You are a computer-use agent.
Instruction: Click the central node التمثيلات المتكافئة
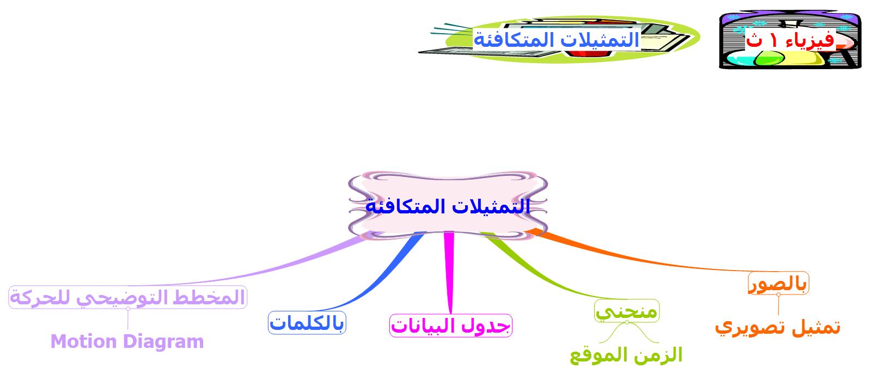(x=448, y=206)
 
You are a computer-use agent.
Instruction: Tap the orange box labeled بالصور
(x=778, y=283)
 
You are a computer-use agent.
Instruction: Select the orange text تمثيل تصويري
(x=778, y=327)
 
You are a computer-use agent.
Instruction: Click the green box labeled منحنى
(x=627, y=311)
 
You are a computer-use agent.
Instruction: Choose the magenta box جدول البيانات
(x=451, y=326)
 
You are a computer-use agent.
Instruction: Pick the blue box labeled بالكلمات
(x=307, y=323)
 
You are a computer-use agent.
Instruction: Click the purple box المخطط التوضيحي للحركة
(x=128, y=297)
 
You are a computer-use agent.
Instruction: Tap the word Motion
(x=84, y=342)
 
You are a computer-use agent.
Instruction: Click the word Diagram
(x=164, y=342)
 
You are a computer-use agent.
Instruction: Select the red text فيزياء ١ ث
(x=790, y=40)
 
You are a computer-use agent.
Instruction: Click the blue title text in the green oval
(x=557, y=40)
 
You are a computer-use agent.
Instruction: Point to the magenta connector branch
(x=449, y=273)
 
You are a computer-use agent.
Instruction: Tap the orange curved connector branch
(x=639, y=259)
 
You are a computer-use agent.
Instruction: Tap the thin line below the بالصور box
(x=778, y=305)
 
